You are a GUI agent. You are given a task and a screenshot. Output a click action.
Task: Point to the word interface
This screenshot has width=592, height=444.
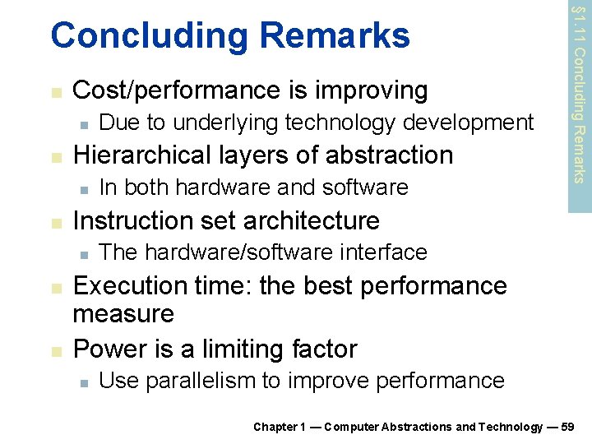coord(387,252)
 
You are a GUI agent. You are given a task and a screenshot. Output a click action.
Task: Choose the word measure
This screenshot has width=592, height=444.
coord(123,314)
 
